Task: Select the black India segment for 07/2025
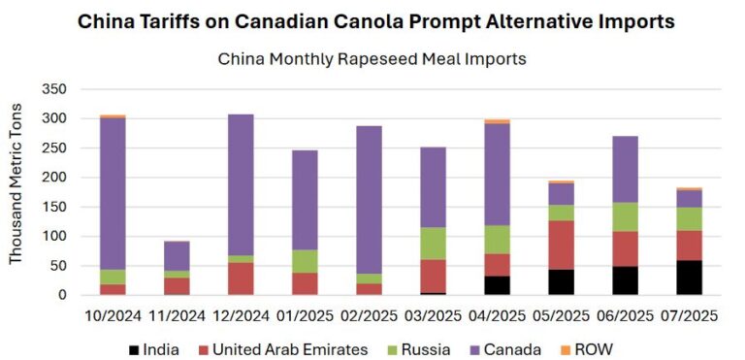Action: [690, 278]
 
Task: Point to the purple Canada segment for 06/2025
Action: [624, 169]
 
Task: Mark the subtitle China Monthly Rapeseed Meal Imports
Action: [372, 59]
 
